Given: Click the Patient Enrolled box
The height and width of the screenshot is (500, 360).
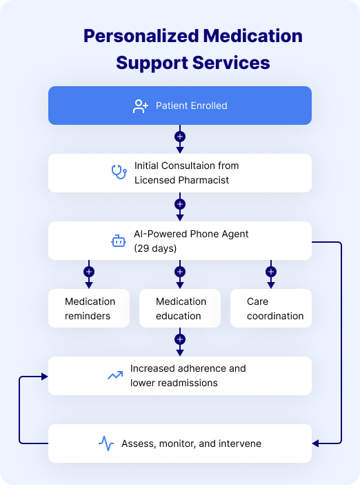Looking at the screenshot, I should pyautogui.click(x=180, y=106).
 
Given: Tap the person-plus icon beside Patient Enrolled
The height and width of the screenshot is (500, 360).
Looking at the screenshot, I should pyautogui.click(x=141, y=106).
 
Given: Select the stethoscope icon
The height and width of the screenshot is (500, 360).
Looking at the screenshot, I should pyautogui.click(x=119, y=172).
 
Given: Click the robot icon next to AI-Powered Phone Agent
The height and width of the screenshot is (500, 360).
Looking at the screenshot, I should pyautogui.click(x=119, y=241).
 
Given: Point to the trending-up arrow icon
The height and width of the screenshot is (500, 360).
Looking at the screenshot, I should pyautogui.click(x=114, y=376).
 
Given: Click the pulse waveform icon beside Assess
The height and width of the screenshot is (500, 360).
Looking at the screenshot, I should pyautogui.click(x=106, y=443).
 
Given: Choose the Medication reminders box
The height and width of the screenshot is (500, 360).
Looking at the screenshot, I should pyautogui.click(x=90, y=308).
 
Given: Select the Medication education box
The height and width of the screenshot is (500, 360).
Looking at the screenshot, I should pyautogui.click(x=180, y=308).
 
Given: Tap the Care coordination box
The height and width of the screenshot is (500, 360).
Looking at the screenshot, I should pyautogui.click(x=271, y=308).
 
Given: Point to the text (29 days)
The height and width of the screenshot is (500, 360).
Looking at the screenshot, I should pyautogui.click(x=156, y=248).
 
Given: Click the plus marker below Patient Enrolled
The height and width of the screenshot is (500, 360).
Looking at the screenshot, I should pyautogui.click(x=180, y=137).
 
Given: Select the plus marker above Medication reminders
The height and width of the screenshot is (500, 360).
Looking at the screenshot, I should pyautogui.click(x=88, y=272).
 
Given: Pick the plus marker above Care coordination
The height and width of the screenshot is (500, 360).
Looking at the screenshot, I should pyautogui.click(x=271, y=272).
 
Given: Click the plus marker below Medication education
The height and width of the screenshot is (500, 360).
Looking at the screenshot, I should pyautogui.click(x=180, y=339).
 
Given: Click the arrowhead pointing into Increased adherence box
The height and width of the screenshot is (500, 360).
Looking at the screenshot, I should pyautogui.click(x=44, y=376).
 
